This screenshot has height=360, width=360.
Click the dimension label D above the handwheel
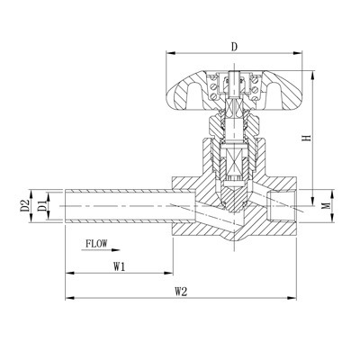point(233,46)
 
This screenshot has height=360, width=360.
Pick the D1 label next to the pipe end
point(40,207)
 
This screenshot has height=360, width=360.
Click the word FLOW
point(98,243)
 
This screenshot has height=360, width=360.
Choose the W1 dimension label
point(119,266)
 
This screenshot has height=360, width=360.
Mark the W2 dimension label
point(180,292)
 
